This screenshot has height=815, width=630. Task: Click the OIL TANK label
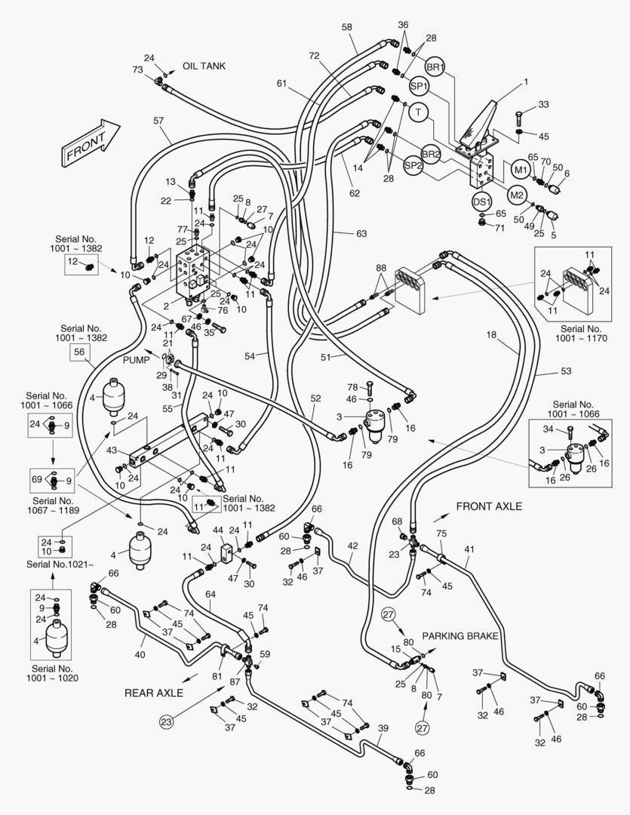pyautogui.click(x=204, y=66)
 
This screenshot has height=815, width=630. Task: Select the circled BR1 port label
pyautogui.click(x=435, y=68)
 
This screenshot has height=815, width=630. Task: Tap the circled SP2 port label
pyautogui.click(x=413, y=165)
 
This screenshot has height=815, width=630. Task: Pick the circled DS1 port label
pyautogui.click(x=481, y=201)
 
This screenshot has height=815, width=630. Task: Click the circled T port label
pyautogui.click(x=417, y=112)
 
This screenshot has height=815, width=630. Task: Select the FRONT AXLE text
pyautogui.click(x=489, y=507)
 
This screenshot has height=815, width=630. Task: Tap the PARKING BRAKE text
pyautogui.click(x=460, y=636)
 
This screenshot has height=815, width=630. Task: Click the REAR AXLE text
pyautogui.click(x=155, y=691)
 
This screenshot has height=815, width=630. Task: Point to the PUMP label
pyautogui.click(x=137, y=361)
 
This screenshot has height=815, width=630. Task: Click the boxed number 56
pyautogui.click(x=78, y=352)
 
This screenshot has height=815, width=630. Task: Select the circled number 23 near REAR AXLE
pyautogui.click(x=166, y=721)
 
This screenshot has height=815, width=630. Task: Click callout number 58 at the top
pyautogui.click(x=346, y=27)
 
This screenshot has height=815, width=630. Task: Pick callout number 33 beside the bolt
pyautogui.click(x=543, y=104)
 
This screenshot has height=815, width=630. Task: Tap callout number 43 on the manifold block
pyautogui.click(x=111, y=451)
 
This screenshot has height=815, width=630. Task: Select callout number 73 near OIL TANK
pyautogui.click(x=138, y=69)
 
